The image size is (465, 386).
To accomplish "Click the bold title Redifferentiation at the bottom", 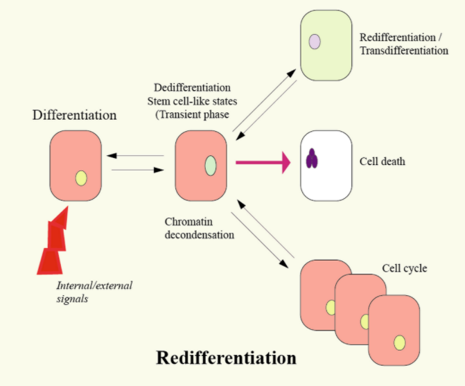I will pyautogui.click(x=226, y=358).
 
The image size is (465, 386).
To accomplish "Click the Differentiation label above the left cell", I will pyautogui.click(x=74, y=114).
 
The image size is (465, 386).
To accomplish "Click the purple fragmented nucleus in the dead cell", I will pyautogui.click(x=313, y=159).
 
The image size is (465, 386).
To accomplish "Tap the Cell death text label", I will pyautogui.click(x=383, y=162).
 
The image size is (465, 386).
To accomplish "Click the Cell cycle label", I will pyautogui.click(x=403, y=268).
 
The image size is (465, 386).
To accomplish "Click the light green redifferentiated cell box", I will pyautogui.click(x=324, y=44).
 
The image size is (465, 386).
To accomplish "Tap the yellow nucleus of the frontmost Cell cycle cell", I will pyautogui.click(x=399, y=342).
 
